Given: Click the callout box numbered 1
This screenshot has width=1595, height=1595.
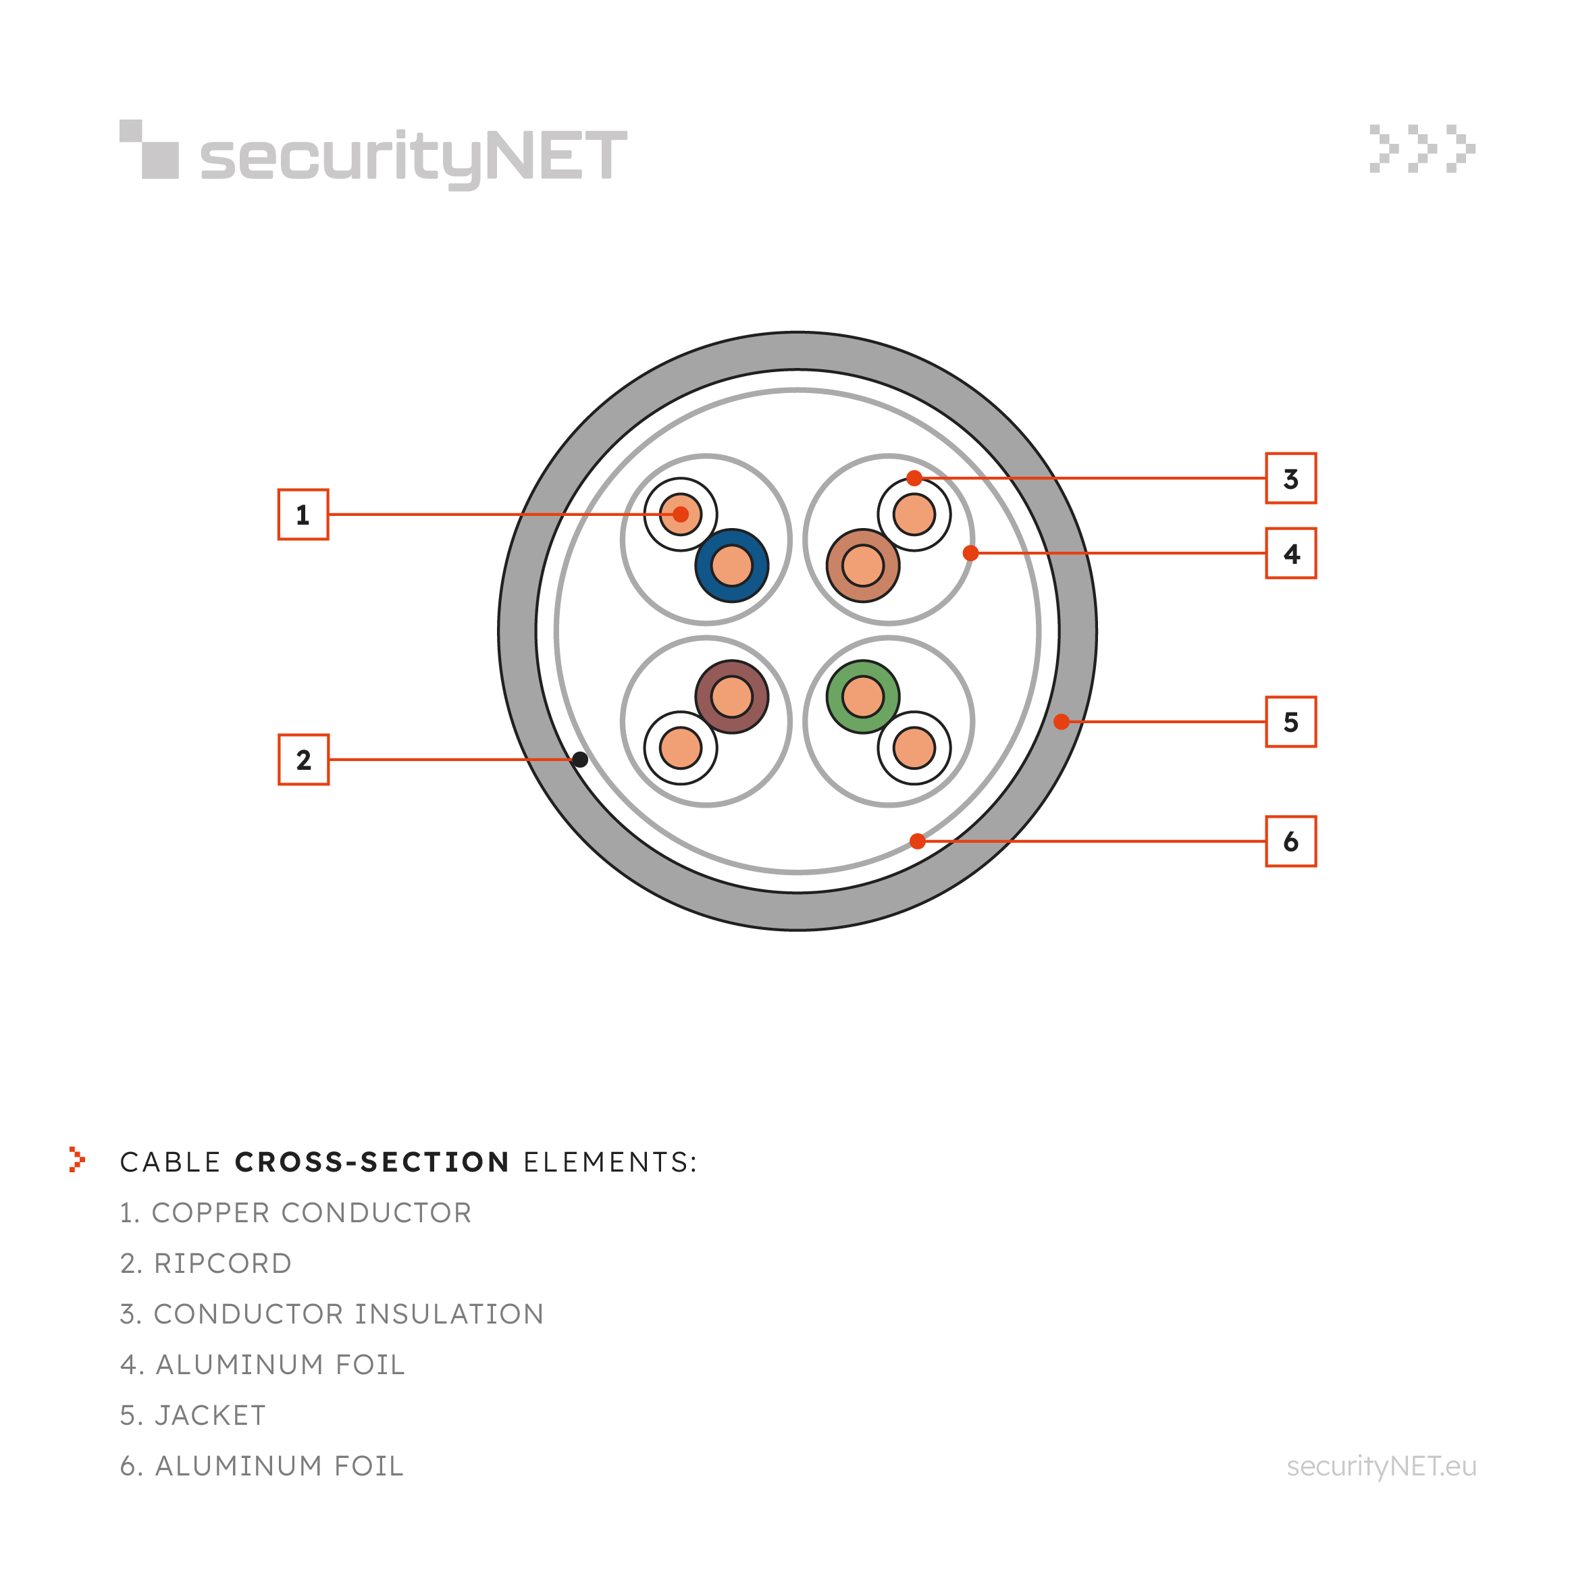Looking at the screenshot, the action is click(303, 515).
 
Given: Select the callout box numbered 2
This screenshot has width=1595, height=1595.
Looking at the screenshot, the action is click(303, 760).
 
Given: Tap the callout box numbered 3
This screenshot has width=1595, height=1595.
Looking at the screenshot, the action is click(1291, 478).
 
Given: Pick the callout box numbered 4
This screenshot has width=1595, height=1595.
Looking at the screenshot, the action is click(1291, 553).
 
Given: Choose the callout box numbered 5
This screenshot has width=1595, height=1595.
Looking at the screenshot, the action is click(1291, 722).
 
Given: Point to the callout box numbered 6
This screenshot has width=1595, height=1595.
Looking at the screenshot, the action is click(1291, 841).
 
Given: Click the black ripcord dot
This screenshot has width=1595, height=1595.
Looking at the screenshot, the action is click(580, 760).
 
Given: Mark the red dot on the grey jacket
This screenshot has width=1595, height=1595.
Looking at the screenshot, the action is click(1062, 722).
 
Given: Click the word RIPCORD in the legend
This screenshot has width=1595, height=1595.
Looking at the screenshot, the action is click(223, 1264).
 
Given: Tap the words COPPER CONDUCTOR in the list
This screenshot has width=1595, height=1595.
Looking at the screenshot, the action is click(311, 1213).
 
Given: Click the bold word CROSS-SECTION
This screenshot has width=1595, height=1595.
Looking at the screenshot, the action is click(372, 1162).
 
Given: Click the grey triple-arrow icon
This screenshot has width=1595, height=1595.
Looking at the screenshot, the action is click(1422, 149).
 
